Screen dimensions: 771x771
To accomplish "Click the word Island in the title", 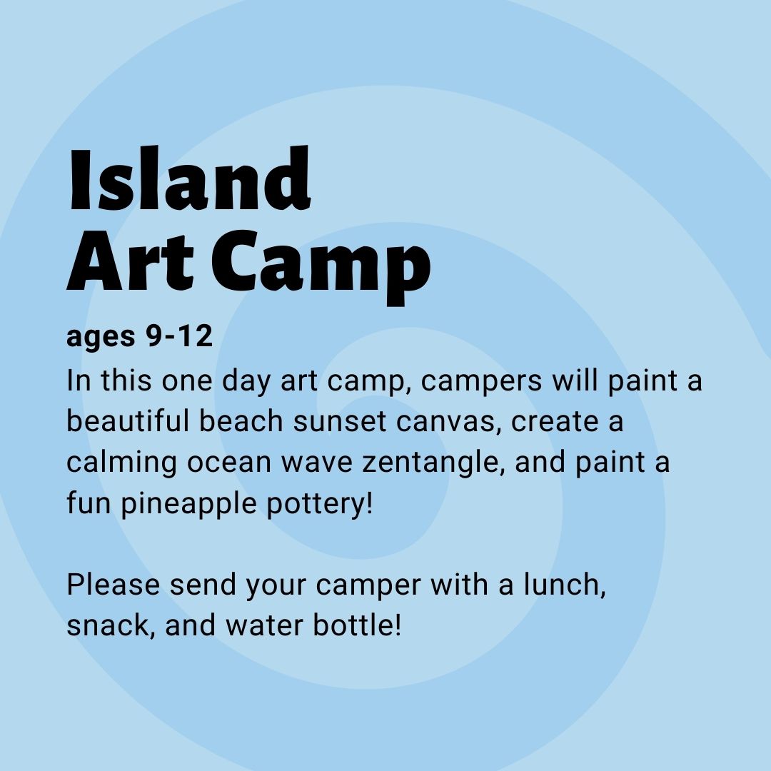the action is pos(188,178).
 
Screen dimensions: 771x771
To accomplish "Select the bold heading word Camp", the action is pos(321,268).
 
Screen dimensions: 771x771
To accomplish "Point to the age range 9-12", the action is pos(179,336).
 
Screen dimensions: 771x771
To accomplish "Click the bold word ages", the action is pos(101,339).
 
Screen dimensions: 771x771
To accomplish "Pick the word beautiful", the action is pos(127,421).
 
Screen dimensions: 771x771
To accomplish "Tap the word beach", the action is pos(241,421).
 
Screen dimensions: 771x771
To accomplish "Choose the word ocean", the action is pos(228,464).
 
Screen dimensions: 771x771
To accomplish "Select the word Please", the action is pos(113,585).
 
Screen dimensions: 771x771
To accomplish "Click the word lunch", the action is pos(564,585).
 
